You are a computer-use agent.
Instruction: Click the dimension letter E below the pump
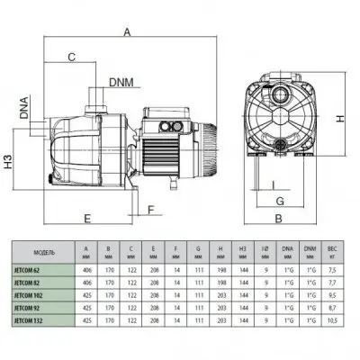[x=88, y=219]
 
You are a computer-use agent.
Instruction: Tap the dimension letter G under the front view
[x=280, y=201]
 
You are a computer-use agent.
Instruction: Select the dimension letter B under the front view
[x=279, y=219]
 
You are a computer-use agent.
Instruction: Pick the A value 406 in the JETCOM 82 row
[x=86, y=280]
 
